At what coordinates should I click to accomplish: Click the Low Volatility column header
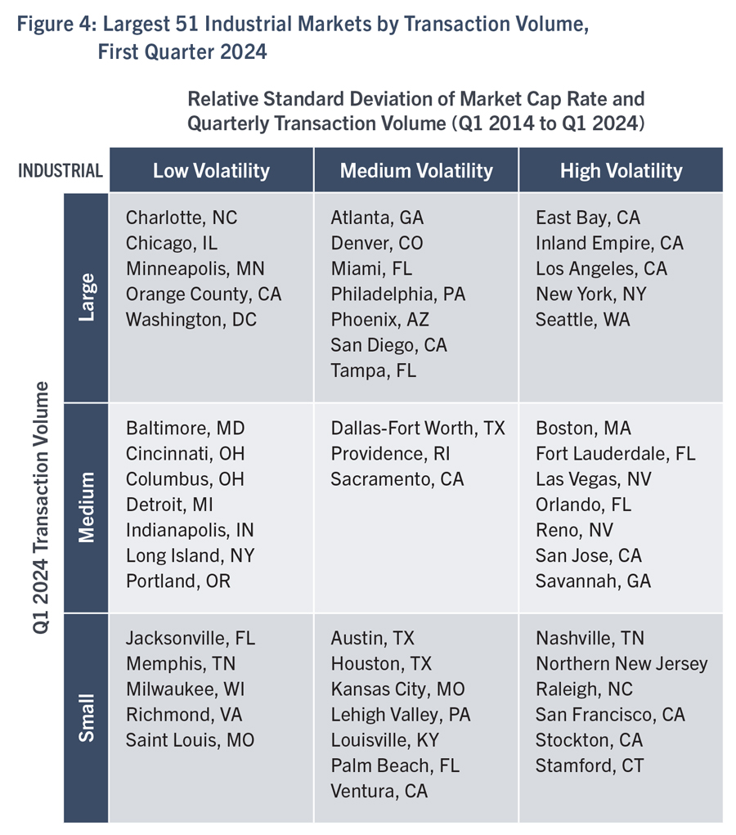(212, 170)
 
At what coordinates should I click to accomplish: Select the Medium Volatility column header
(416, 170)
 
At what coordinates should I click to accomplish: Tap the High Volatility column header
(621, 170)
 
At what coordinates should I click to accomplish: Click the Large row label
(86, 297)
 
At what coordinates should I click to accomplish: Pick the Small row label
(86, 717)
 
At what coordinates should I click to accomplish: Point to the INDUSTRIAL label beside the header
(61, 170)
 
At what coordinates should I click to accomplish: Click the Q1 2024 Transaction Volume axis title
(40, 508)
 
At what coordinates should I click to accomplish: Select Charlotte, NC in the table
(182, 218)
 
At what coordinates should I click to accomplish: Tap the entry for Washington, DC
(191, 320)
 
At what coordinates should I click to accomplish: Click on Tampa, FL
(374, 370)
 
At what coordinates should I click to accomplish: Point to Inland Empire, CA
(609, 243)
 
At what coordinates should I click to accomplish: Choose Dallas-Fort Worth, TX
(418, 428)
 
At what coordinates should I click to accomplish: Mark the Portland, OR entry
(178, 581)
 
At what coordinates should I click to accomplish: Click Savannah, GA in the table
(593, 581)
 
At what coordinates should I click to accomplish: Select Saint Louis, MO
(190, 740)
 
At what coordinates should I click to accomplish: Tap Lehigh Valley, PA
(401, 715)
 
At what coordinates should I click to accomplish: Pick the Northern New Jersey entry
(622, 663)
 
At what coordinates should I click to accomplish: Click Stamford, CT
(590, 765)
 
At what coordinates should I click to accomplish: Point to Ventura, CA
(379, 792)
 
